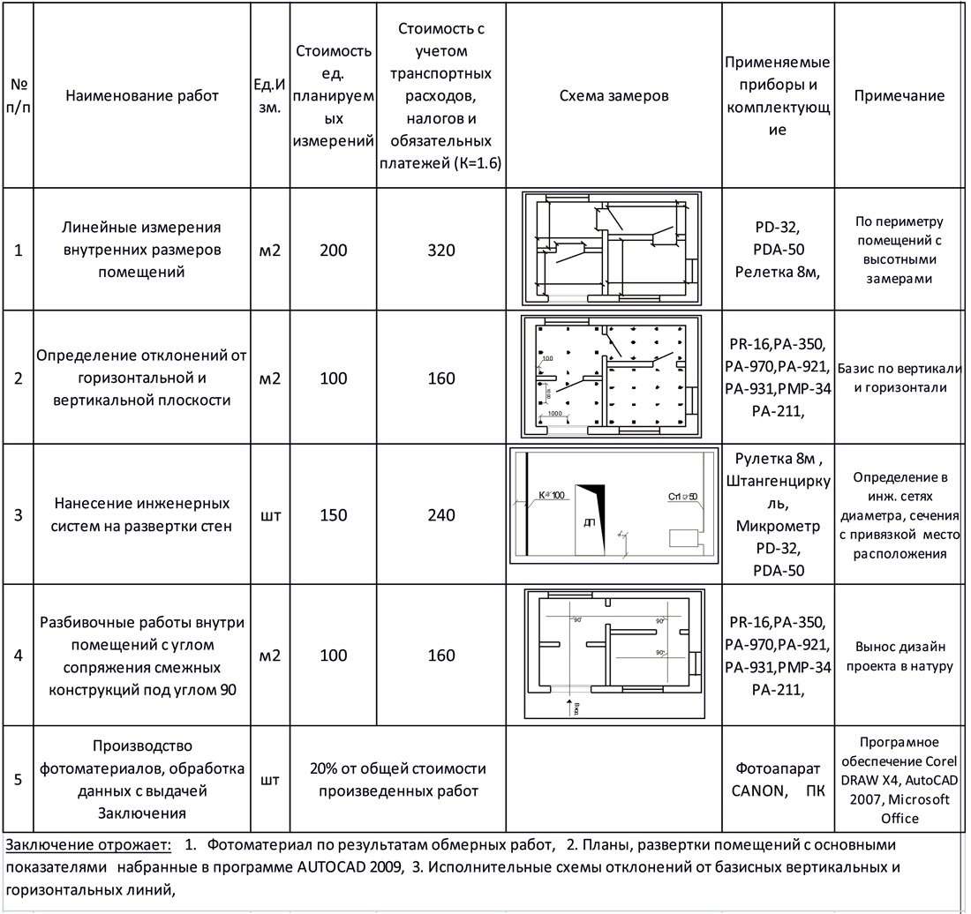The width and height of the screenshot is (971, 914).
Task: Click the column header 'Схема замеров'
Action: pos(614,96)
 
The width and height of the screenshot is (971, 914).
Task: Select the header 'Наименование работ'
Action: pos(142,96)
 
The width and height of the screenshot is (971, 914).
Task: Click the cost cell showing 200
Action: pos(334,251)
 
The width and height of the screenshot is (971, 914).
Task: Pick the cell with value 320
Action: pos(441,251)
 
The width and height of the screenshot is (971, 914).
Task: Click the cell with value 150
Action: pos(334,515)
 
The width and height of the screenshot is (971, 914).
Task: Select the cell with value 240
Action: pos(441,515)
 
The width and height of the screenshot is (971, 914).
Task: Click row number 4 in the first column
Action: pos(19,656)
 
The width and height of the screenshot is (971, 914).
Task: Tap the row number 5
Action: pos(19,780)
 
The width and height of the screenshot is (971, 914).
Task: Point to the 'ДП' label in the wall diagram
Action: pos(590,523)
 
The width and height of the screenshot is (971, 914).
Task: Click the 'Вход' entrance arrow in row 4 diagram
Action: pos(568,706)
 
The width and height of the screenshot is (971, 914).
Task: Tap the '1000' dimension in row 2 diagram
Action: pos(556,414)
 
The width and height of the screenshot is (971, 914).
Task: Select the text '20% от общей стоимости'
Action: pos(397,768)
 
